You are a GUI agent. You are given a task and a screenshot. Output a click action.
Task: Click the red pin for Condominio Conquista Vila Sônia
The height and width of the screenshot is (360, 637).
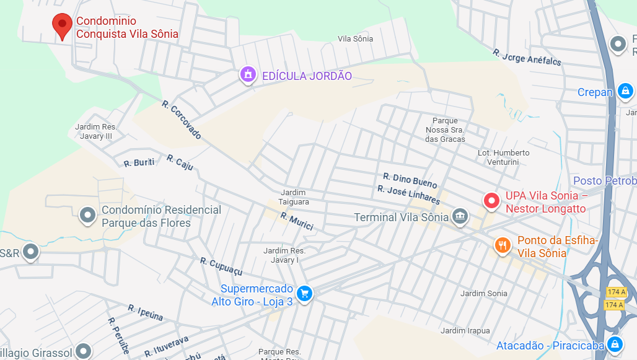(62, 26)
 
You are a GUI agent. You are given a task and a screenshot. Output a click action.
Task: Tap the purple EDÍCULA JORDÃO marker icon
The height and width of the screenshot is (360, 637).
(248, 75)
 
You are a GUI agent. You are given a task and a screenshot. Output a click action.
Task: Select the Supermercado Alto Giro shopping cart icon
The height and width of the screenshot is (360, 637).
(304, 293)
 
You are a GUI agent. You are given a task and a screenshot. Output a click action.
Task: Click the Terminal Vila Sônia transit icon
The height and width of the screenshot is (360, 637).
(460, 216)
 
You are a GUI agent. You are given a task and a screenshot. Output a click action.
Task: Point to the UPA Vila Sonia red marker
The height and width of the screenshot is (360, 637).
(492, 201)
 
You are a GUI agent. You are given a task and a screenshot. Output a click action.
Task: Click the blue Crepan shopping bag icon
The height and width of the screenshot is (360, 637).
(625, 92)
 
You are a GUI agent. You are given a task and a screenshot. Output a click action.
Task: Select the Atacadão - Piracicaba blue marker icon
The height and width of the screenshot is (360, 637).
(615, 345)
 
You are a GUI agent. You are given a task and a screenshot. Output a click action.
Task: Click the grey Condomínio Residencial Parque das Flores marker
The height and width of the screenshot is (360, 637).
(87, 216)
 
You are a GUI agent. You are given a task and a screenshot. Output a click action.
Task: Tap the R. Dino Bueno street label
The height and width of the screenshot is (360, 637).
(410, 180)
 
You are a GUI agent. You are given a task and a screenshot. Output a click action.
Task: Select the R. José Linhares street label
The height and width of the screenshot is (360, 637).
(408, 195)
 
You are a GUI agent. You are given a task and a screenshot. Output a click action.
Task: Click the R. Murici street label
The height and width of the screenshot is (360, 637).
(297, 221)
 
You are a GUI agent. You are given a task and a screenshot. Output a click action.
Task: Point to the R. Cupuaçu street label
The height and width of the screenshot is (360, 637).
(221, 266)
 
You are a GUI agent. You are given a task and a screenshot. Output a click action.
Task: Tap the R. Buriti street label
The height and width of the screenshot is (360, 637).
(139, 163)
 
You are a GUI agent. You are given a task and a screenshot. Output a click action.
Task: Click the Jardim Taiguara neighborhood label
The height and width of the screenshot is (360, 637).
(294, 197)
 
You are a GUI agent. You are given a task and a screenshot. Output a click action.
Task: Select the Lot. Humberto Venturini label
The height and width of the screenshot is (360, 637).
(504, 157)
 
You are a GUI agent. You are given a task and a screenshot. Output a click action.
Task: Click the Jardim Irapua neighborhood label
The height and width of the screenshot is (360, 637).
(465, 331)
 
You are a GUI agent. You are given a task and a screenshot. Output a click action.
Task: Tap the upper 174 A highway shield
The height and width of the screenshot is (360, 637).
(615, 292)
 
